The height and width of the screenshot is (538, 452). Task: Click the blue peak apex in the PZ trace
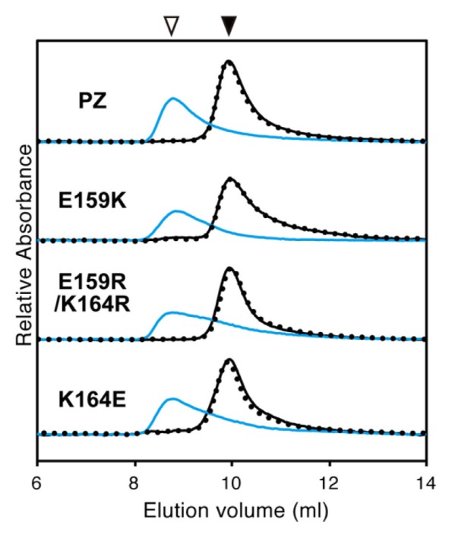(173, 99)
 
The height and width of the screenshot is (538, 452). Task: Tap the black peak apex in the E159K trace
(229, 179)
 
